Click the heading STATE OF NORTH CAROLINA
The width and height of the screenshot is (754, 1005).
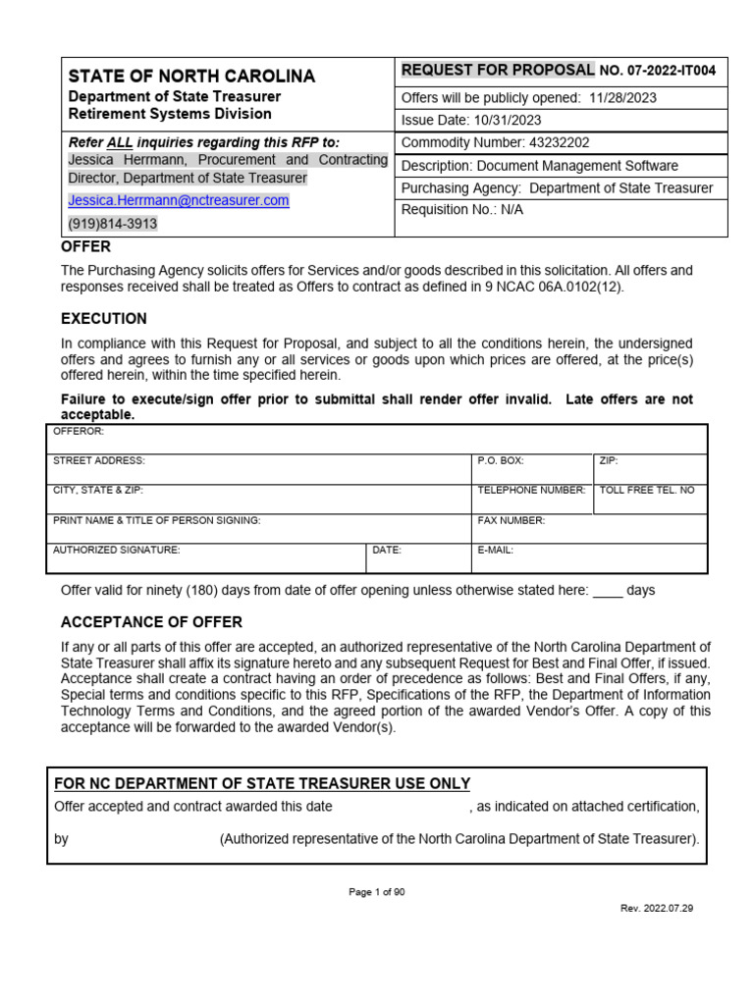(191, 76)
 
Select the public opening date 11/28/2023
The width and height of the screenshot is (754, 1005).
(622, 98)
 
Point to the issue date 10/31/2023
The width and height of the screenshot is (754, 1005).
(506, 121)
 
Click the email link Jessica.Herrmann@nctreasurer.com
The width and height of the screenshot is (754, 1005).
(178, 200)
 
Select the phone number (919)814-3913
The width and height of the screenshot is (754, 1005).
(112, 224)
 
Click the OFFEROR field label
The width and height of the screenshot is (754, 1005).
(79, 431)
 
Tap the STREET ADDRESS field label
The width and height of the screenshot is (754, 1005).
(98, 460)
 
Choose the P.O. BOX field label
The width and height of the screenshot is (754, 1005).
(501, 460)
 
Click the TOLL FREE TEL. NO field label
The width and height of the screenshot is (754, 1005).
(646, 490)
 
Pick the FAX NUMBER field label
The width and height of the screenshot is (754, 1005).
(511, 520)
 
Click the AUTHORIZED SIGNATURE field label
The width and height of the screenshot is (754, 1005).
(116, 551)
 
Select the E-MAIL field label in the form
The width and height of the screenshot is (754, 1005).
(495, 551)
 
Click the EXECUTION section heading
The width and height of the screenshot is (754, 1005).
(104, 319)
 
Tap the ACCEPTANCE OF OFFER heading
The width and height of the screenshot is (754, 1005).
(151, 622)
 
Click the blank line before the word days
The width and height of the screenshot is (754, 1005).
(608, 591)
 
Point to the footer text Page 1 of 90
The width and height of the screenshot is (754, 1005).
(377, 892)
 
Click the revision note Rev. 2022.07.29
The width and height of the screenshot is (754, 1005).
(657, 909)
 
